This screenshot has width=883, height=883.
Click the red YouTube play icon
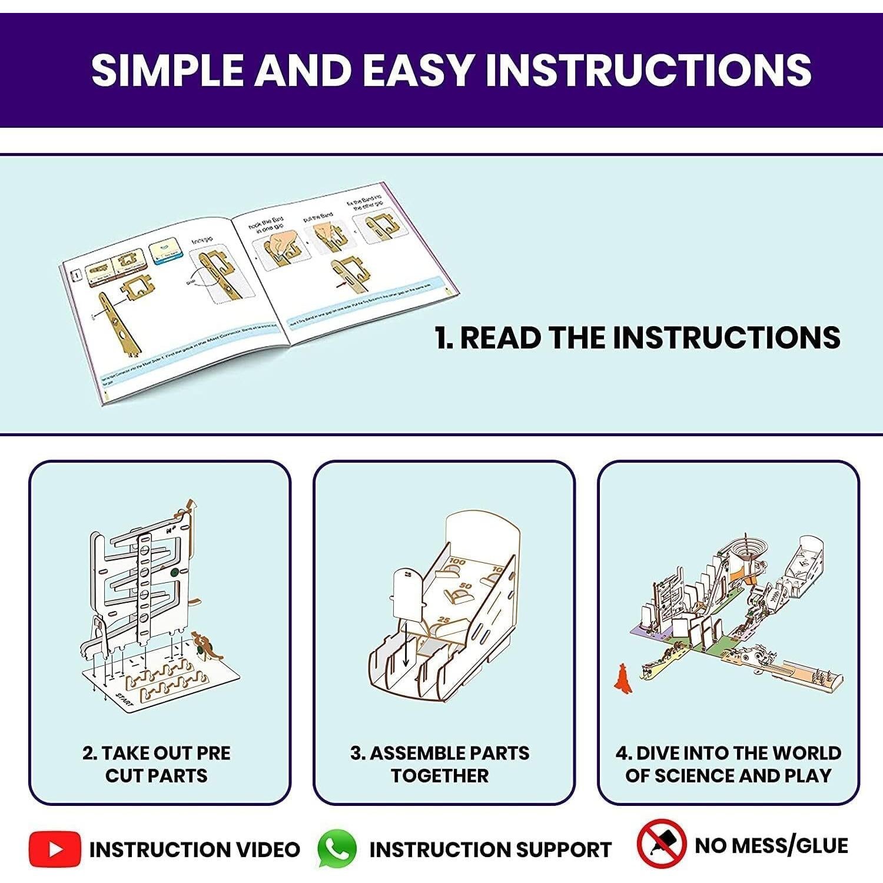click(x=55, y=849)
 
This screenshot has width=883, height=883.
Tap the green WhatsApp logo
click(x=337, y=849)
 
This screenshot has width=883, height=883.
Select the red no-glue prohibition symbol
click(x=661, y=844)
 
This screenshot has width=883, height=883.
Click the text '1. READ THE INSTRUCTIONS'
click(x=638, y=338)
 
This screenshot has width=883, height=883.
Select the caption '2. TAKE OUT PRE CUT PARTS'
click(x=157, y=764)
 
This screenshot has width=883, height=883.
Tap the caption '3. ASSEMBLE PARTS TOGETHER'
click(x=440, y=764)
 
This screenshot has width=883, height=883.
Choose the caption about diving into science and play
click(x=728, y=764)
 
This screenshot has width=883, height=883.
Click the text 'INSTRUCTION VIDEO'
click(x=194, y=849)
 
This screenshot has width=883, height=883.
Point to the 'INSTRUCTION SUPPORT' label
click(x=490, y=849)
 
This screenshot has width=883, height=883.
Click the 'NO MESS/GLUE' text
click(x=771, y=845)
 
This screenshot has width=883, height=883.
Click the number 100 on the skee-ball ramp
click(x=457, y=562)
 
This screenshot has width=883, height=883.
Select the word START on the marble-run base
click(x=125, y=699)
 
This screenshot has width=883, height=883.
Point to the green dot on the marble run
click(x=175, y=572)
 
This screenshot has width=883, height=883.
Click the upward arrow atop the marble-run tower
click(x=190, y=506)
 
